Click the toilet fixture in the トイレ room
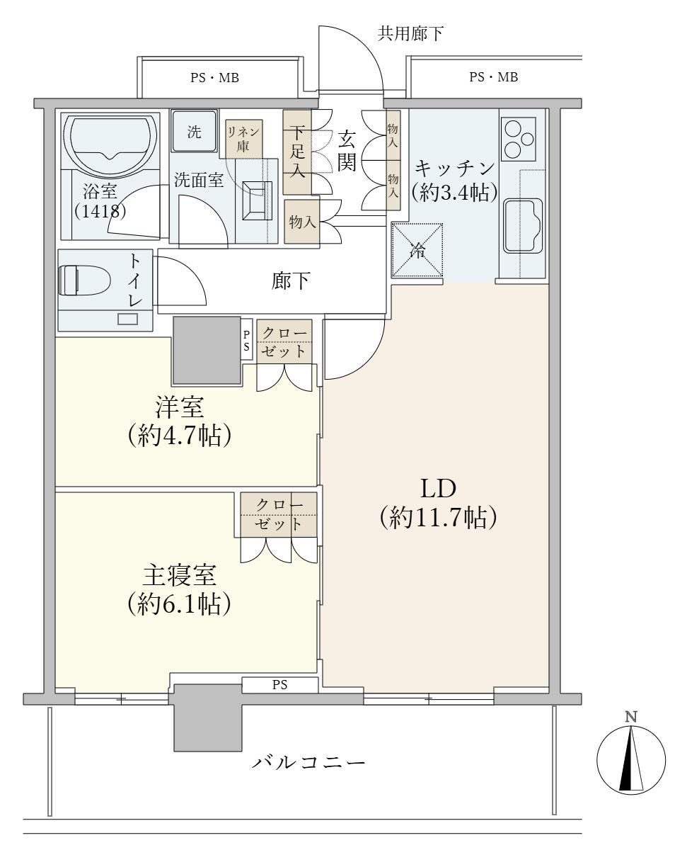(84, 280)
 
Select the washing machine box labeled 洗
(194, 131)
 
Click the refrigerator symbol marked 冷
(417, 250)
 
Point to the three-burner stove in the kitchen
(518, 139)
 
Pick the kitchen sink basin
(523, 226)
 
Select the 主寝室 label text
(180, 575)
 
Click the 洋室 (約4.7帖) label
(180, 421)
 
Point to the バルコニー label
(308, 764)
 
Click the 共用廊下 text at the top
(410, 33)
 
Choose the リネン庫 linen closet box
(243, 139)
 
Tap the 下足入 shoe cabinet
(297, 152)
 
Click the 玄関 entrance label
(346, 152)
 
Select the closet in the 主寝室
(279, 514)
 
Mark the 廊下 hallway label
(291, 281)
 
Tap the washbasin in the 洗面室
(258, 200)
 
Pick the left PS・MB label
(215, 77)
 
